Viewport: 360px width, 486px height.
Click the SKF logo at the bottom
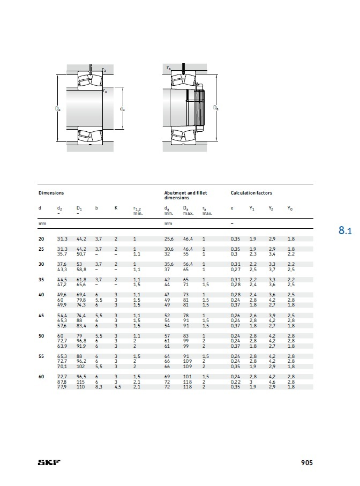(x=49, y=462)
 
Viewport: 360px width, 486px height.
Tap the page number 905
(x=307, y=462)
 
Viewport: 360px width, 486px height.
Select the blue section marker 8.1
(x=345, y=231)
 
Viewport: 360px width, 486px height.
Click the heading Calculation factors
(x=251, y=193)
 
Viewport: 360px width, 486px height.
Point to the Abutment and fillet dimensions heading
(x=185, y=195)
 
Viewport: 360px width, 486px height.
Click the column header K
(x=116, y=208)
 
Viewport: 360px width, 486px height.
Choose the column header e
(x=232, y=208)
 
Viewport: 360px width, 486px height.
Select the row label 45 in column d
(x=41, y=316)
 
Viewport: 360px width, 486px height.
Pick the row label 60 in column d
(x=41, y=377)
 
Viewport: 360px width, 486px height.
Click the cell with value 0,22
(x=235, y=382)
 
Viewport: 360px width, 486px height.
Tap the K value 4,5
(x=117, y=386)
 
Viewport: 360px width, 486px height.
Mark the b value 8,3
(x=99, y=386)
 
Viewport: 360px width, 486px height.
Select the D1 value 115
(x=80, y=382)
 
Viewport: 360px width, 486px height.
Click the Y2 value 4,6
(x=272, y=382)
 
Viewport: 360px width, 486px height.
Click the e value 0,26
(x=235, y=316)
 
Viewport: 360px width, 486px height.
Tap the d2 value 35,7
(x=62, y=255)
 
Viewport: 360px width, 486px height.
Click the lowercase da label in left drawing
(x=122, y=109)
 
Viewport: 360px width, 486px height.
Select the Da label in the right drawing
(x=216, y=108)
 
